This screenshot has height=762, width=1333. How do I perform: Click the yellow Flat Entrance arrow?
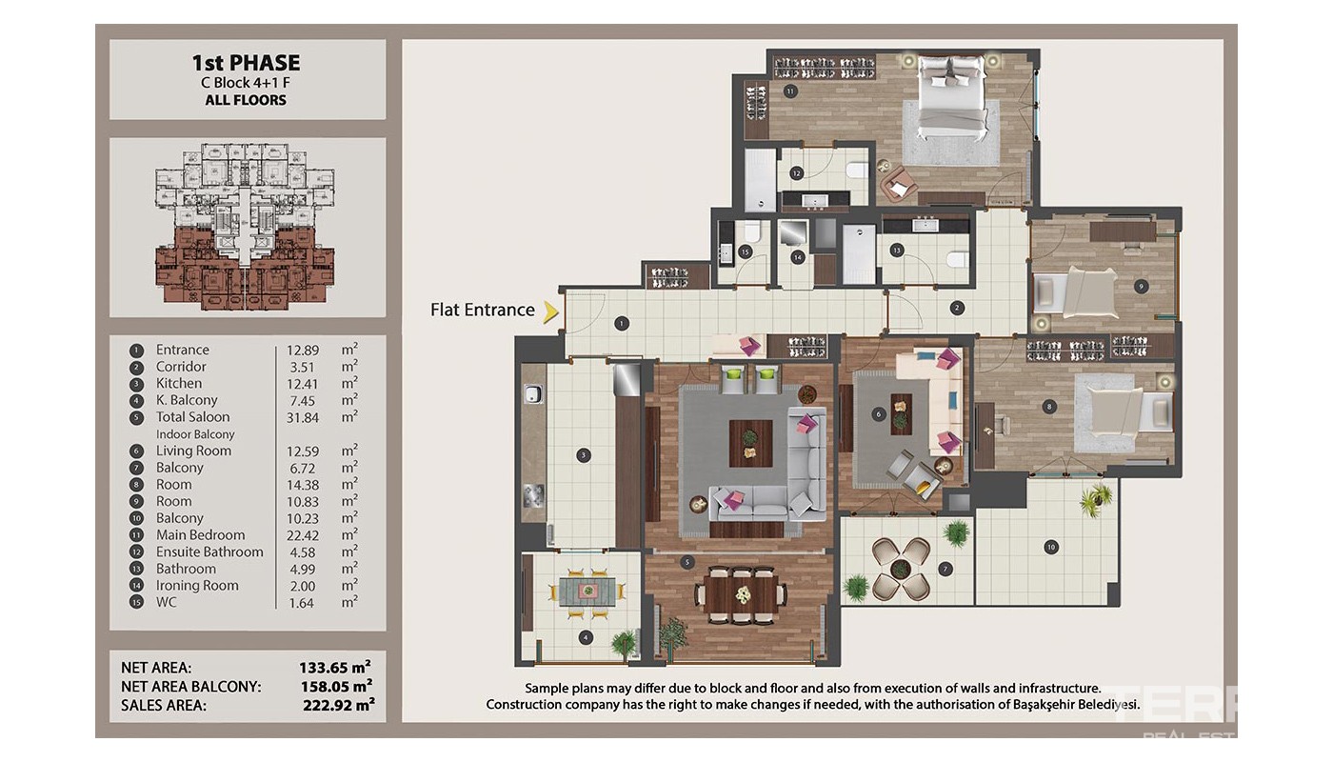coord(551,312)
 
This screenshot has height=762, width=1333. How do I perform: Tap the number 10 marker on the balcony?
coord(1051,547)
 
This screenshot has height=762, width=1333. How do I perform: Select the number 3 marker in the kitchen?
coord(583,456)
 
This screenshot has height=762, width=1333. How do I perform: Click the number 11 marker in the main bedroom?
coord(790,91)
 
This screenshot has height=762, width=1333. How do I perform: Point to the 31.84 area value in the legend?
coord(303,418)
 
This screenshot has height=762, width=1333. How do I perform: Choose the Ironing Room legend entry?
coord(197,586)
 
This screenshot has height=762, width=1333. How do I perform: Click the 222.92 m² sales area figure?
coord(339,705)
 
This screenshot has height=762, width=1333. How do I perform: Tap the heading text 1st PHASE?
coord(246,63)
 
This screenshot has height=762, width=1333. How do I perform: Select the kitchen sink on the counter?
coord(532,394)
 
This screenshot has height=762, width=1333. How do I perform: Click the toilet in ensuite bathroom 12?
coord(858,170)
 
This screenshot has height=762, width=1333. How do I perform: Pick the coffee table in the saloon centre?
coord(751,444)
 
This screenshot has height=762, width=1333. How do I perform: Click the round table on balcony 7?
coord(901,568)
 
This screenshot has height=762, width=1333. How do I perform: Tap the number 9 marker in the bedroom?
coord(1141,287)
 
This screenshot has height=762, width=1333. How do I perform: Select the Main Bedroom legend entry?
coord(201,535)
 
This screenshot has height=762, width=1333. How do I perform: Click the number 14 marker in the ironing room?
coord(798,258)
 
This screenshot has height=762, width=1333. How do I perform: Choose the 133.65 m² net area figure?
coord(335,667)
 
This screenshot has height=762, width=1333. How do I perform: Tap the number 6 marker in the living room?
coord(878,414)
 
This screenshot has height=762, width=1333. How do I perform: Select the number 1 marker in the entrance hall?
coord(621,324)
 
